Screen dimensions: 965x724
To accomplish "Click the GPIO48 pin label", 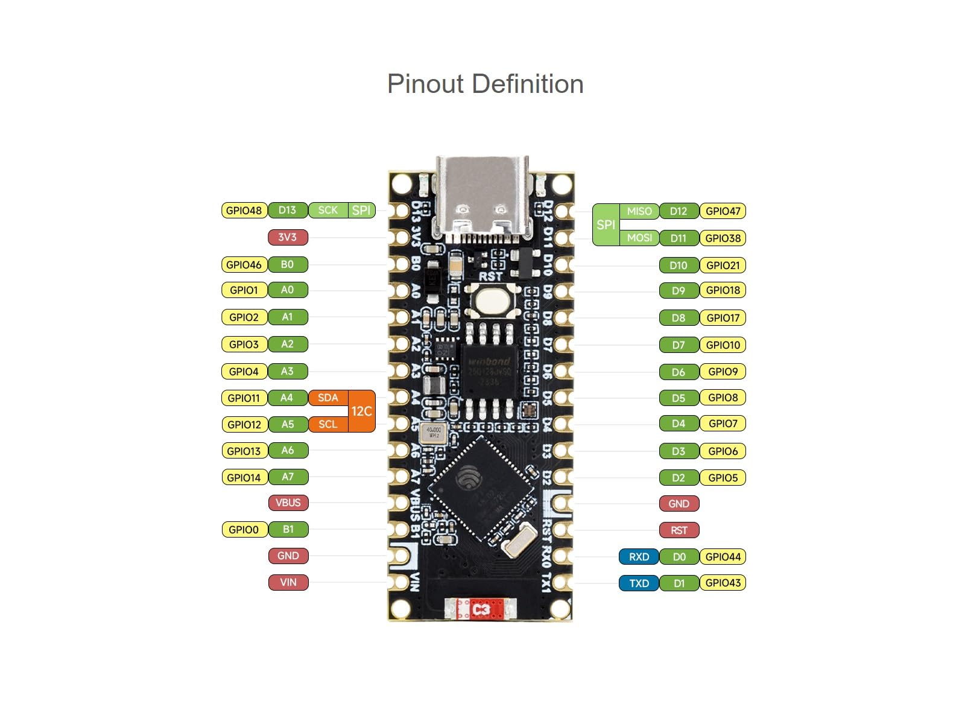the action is [x=244, y=211].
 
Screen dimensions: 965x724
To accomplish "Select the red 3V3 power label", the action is [x=288, y=237].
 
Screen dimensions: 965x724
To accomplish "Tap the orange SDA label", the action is [x=328, y=398].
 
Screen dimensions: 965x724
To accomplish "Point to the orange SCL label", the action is [x=328, y=424].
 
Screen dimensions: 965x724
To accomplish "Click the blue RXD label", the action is [x=639, y=557].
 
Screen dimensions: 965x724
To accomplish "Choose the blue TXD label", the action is [x=639, y=583].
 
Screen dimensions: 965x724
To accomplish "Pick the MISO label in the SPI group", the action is [x=639, y=211].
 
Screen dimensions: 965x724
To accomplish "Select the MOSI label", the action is [x=639, y=238].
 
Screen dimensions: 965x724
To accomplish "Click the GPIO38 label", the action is [x=723, y=238].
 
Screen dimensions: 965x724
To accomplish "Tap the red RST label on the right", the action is [x=679, y=530].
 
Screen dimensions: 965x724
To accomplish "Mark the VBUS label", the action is [x=288, y=503].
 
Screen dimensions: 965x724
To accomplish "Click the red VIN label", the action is [x=288, y=582].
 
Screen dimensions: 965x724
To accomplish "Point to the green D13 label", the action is [x=287, y=211].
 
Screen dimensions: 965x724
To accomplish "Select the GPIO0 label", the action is [x=244, y=530].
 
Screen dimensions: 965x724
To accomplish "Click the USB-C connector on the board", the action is [x=482, y=199].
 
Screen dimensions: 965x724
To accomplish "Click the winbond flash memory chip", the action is [x=489, y=371].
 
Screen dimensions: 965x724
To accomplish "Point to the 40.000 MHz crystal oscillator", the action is [x=434, y=433].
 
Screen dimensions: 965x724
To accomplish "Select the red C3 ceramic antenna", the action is [x=481, y=610].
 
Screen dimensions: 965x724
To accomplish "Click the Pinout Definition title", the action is [x=485, y=84].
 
